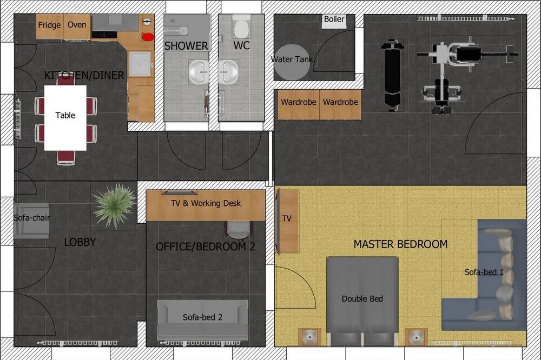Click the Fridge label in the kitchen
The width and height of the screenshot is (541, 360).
[x=49, y=25]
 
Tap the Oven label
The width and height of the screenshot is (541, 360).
[x=77, y=24]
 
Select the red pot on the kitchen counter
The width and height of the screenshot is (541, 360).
[x=148, y=37]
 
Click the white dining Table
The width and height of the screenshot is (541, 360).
[x=65, y=118]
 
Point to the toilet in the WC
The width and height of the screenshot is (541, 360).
[x=241, y=27]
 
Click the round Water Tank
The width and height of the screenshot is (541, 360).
[x=292, y=62]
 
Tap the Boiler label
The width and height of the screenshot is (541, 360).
[x=334, y=19]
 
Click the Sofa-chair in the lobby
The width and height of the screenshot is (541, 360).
[x=32, y=221]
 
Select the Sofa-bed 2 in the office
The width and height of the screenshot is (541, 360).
[x=202, y=319]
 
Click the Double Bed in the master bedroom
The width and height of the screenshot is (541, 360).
[x=362, y=301]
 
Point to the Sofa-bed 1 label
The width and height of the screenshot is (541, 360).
[x=484, y=272]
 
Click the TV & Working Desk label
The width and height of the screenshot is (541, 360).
[x=206, y=203]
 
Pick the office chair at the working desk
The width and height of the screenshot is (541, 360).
[x=239, y=230]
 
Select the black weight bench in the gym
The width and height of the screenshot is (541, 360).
[x=392, y=75]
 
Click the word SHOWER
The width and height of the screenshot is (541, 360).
[x=186, y=46]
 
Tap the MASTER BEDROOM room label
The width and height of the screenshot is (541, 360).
[x=400, y=244]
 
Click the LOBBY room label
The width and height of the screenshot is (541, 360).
[x=80, y=242]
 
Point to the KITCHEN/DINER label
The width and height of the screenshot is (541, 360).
[x=84, y=75]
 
